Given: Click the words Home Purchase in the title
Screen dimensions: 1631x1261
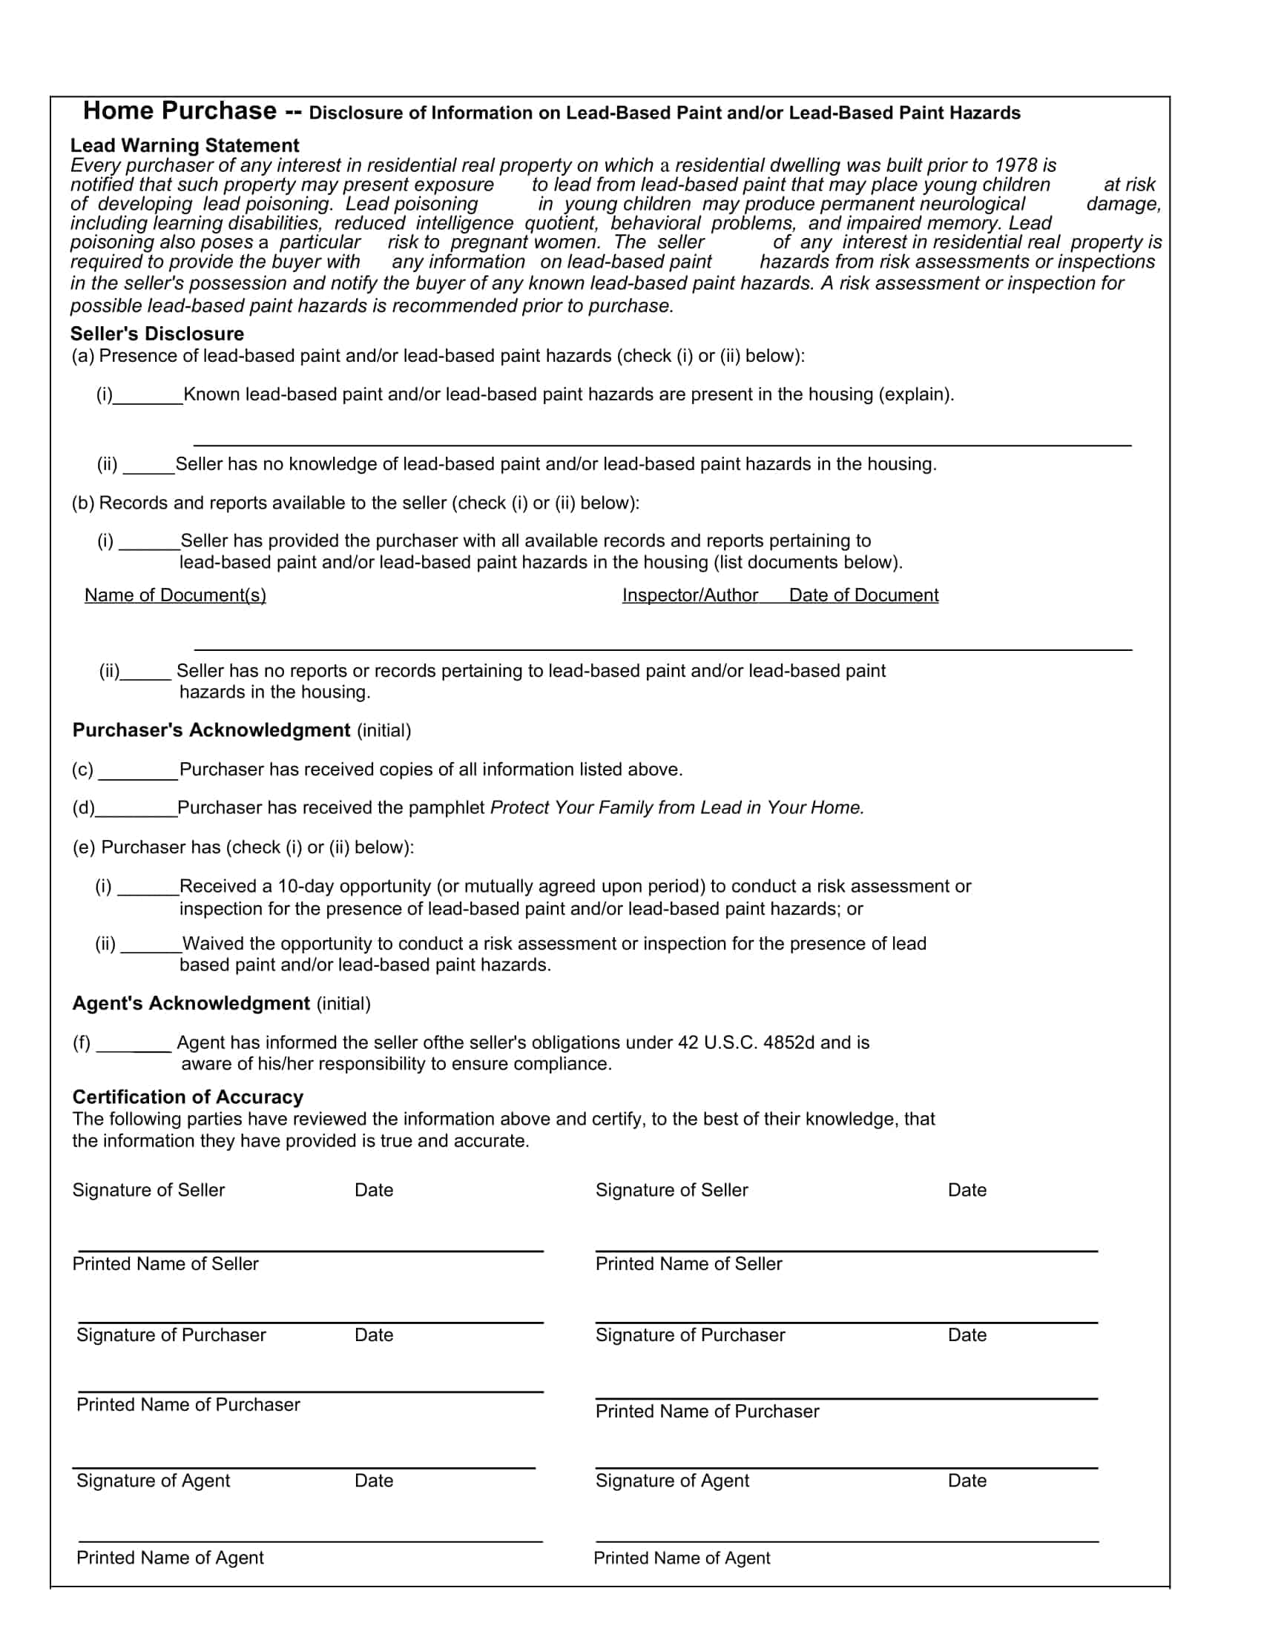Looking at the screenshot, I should coord(180,111).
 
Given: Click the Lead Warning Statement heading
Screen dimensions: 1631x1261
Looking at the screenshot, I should coord(185,145).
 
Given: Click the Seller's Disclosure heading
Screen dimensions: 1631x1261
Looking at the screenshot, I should coord(157,334).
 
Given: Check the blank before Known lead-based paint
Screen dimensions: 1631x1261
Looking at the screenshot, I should coord(148,396).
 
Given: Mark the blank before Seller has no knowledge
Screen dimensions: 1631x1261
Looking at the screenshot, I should coord(148,466).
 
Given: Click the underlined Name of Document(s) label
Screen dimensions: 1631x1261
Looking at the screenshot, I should coord(175,595).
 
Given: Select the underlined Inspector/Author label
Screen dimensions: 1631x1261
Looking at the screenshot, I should coord(690,595).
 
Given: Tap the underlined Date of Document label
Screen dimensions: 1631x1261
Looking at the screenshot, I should coord(863,595).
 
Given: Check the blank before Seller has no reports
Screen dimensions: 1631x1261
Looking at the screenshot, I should coord(145,672).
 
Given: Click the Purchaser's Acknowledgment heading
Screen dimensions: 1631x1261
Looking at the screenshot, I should coord(211,730).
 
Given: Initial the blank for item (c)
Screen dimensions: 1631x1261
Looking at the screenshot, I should coord(138,772).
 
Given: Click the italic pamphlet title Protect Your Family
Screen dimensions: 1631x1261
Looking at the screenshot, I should coord(676,808).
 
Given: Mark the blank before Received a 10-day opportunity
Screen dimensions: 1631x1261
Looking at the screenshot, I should coord(148,887).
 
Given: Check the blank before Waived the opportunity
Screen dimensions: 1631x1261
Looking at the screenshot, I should coord(150,944).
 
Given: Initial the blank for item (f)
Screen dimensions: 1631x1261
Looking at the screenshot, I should coord(134,1043).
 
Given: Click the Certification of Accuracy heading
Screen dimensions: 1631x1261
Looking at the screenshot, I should coord(188,1097).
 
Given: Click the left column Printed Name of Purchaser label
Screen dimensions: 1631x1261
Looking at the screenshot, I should coord(188,1405).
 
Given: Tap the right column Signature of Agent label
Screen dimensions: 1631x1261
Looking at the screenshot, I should coord(671,1481).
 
